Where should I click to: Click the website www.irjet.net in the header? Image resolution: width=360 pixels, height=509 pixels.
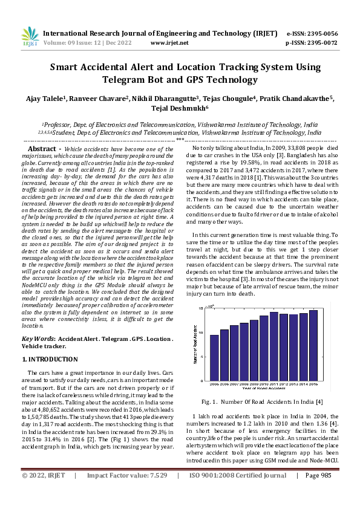(168, 44)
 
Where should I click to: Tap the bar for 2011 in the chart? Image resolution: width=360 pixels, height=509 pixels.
(274, 346)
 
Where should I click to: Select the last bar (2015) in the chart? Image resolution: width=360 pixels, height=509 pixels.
(313, 345)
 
